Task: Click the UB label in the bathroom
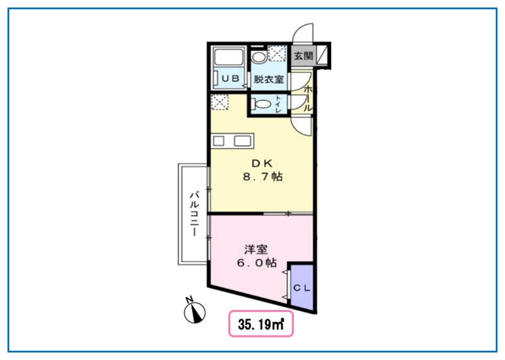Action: coord(230,79)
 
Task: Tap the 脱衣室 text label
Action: coord(268,80)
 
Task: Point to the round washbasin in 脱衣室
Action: coord(258,56)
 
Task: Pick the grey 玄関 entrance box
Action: coord(303,56)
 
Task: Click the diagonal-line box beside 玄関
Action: coord(323,56)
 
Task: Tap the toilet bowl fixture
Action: coord(261,105)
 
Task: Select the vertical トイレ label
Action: coord(279,105)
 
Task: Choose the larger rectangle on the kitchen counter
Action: coord(243,141)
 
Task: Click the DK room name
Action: coord(262,162)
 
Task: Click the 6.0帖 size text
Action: coord(256,263)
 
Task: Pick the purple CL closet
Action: coord(302,288)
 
